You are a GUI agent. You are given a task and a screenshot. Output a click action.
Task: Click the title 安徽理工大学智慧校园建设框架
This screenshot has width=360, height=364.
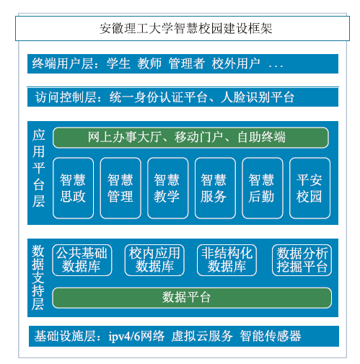point(185,28)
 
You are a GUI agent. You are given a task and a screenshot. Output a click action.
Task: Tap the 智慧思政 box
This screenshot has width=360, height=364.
point(73,188)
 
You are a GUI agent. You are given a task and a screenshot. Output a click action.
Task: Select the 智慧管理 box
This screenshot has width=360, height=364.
point(120,188)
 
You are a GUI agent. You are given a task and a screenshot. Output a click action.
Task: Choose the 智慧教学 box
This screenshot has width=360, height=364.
point(167,188)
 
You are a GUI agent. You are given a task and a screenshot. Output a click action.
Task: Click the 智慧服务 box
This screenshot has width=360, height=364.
point(215,188)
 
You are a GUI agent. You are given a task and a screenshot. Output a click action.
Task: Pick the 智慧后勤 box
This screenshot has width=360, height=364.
point(263,188)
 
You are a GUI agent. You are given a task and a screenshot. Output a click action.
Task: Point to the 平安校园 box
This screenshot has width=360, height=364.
point(309,188)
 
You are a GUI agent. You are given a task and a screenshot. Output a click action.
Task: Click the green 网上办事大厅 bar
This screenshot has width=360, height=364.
point(190,138)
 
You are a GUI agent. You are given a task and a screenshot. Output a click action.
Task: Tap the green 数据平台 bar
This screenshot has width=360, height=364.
point(192,298)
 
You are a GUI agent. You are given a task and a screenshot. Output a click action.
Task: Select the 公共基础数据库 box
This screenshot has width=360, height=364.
point(82,260)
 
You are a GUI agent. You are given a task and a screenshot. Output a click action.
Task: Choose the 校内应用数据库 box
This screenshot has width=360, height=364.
point(154,260)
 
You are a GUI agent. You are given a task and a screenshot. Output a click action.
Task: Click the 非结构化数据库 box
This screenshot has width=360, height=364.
point(227,260)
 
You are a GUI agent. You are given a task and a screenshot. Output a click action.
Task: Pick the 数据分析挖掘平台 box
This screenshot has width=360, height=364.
point(302,260)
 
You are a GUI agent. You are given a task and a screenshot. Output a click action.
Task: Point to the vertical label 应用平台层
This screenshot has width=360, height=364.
point(39,168)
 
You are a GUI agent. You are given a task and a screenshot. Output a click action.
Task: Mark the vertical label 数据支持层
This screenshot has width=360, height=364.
point(38,278)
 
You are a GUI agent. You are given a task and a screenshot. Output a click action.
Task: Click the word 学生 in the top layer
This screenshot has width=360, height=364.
point(118,63)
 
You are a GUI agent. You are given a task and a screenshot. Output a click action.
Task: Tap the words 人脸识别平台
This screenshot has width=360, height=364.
point(258,97)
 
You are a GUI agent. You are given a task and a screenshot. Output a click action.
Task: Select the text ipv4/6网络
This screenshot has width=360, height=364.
point(136,336)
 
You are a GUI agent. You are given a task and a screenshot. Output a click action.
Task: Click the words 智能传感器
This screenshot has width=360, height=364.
point(271,336)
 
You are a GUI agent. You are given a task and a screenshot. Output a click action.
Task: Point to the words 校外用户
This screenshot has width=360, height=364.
point(236,63)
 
